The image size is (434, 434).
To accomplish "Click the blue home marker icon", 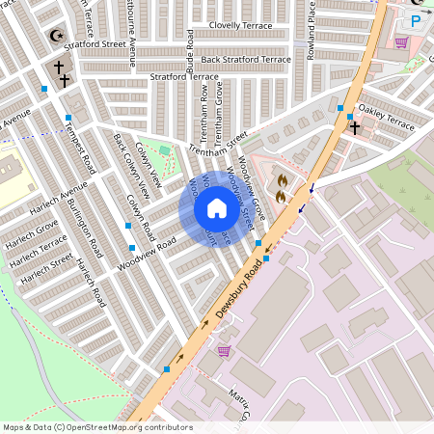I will coord(216,208).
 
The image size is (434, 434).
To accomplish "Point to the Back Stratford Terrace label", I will coord(245,60).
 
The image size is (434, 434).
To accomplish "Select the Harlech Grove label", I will coord(33,231).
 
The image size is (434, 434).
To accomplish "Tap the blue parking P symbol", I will coord(416,20).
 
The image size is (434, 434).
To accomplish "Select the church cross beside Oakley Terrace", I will coord(354,126).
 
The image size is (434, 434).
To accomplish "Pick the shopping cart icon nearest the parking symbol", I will coord(400,42).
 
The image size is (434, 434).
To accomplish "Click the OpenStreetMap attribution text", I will coord(97,427).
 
